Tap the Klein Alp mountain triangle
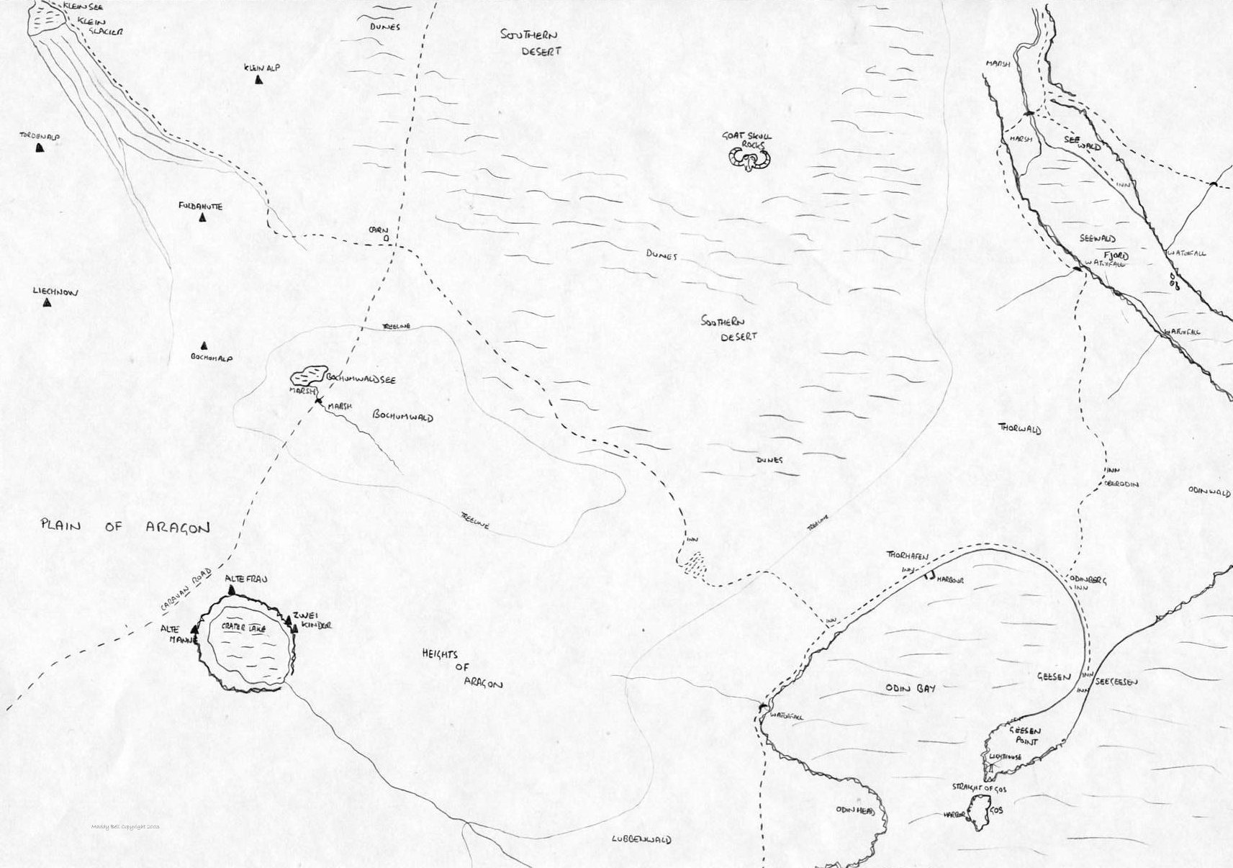[x=258, y=80]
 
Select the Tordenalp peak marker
[x=40, y=148]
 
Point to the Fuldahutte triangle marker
[x=203, y=217]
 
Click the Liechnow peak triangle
[x=48, y=303]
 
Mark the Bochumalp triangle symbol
[x=204, y=346]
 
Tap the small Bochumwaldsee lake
[x=308, y=376]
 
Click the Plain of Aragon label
[x=125, y=528]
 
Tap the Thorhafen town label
[x=908, y=556]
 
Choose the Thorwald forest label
[x=1020, y=430]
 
